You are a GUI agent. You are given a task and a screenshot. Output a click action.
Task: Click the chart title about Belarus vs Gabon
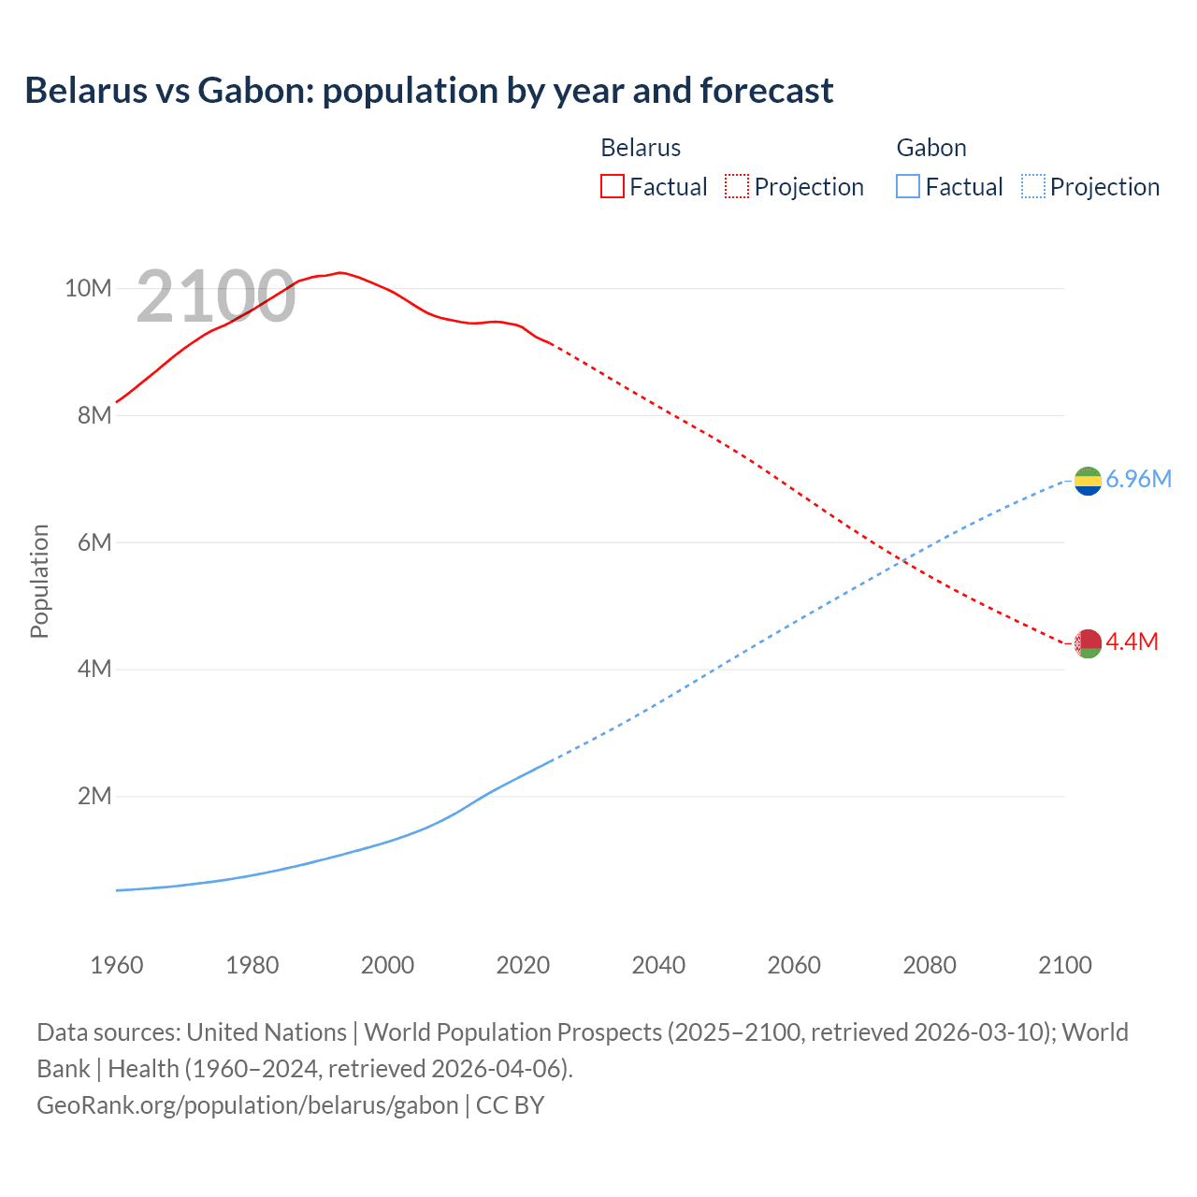coord(428,91)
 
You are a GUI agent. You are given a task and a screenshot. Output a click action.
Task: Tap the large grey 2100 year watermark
coord(216,296)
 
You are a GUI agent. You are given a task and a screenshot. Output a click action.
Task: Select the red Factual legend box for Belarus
coord(612,186)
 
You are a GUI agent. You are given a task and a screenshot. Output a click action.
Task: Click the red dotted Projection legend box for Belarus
coord(737,186)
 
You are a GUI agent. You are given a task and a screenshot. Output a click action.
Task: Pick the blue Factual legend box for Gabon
coord(907,186)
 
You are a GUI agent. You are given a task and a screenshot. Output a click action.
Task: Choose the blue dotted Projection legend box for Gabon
coord(1032,186)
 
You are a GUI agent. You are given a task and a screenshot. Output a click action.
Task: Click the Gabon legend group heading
coord(930,148)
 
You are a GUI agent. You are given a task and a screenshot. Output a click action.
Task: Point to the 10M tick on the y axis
coord(88,288)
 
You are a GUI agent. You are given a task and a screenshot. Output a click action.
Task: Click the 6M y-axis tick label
coord(94,542)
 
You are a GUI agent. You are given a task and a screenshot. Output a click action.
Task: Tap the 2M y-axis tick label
coord(94,797)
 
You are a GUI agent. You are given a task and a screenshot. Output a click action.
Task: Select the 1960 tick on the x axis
coord(117,965)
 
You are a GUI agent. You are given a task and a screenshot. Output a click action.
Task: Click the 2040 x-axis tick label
coord(658,965)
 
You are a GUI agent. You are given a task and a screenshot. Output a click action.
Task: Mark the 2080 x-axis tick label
coord(930,965)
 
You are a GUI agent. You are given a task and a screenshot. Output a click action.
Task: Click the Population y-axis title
coord(39,582)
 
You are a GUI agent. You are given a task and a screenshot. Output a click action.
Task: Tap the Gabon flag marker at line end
coord(1088,481)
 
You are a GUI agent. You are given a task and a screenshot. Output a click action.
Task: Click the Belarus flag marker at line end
coord(1088,643)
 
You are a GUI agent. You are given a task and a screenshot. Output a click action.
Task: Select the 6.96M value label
coord(1138,480)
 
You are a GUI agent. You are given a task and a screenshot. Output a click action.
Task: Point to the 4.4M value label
coord(1132,642)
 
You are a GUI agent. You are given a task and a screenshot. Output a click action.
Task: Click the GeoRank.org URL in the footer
coord(248,1105)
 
